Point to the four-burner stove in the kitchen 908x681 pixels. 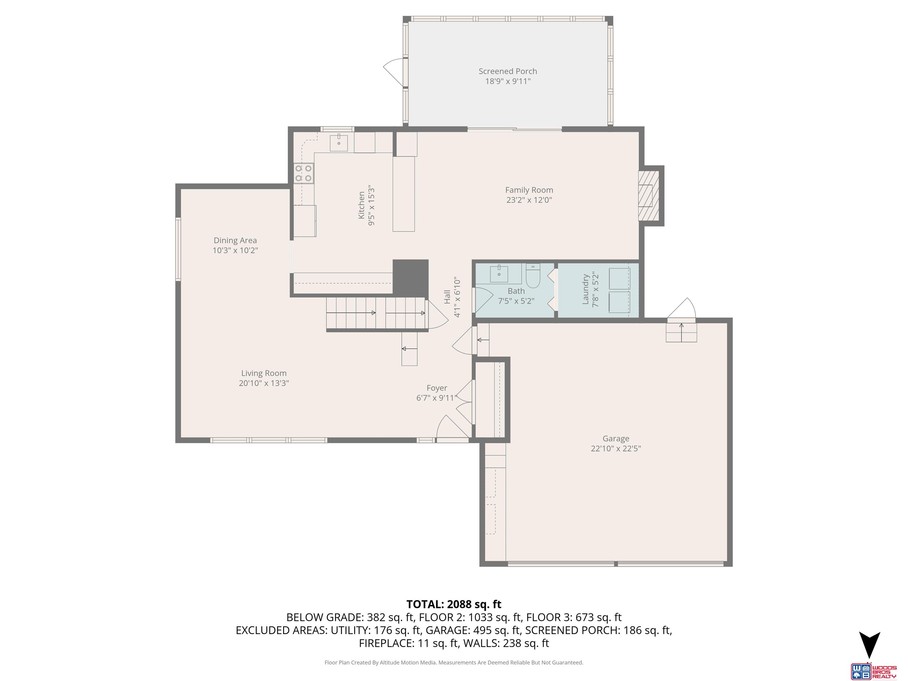[303, 173]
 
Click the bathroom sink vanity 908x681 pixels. [499, 274]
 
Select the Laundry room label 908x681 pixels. [586, 289]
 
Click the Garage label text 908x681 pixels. [615, 438]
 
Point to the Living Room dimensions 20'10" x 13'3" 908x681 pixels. [264, 383]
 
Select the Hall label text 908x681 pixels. [447, 297]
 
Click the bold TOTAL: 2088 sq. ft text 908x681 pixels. [454, 604]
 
